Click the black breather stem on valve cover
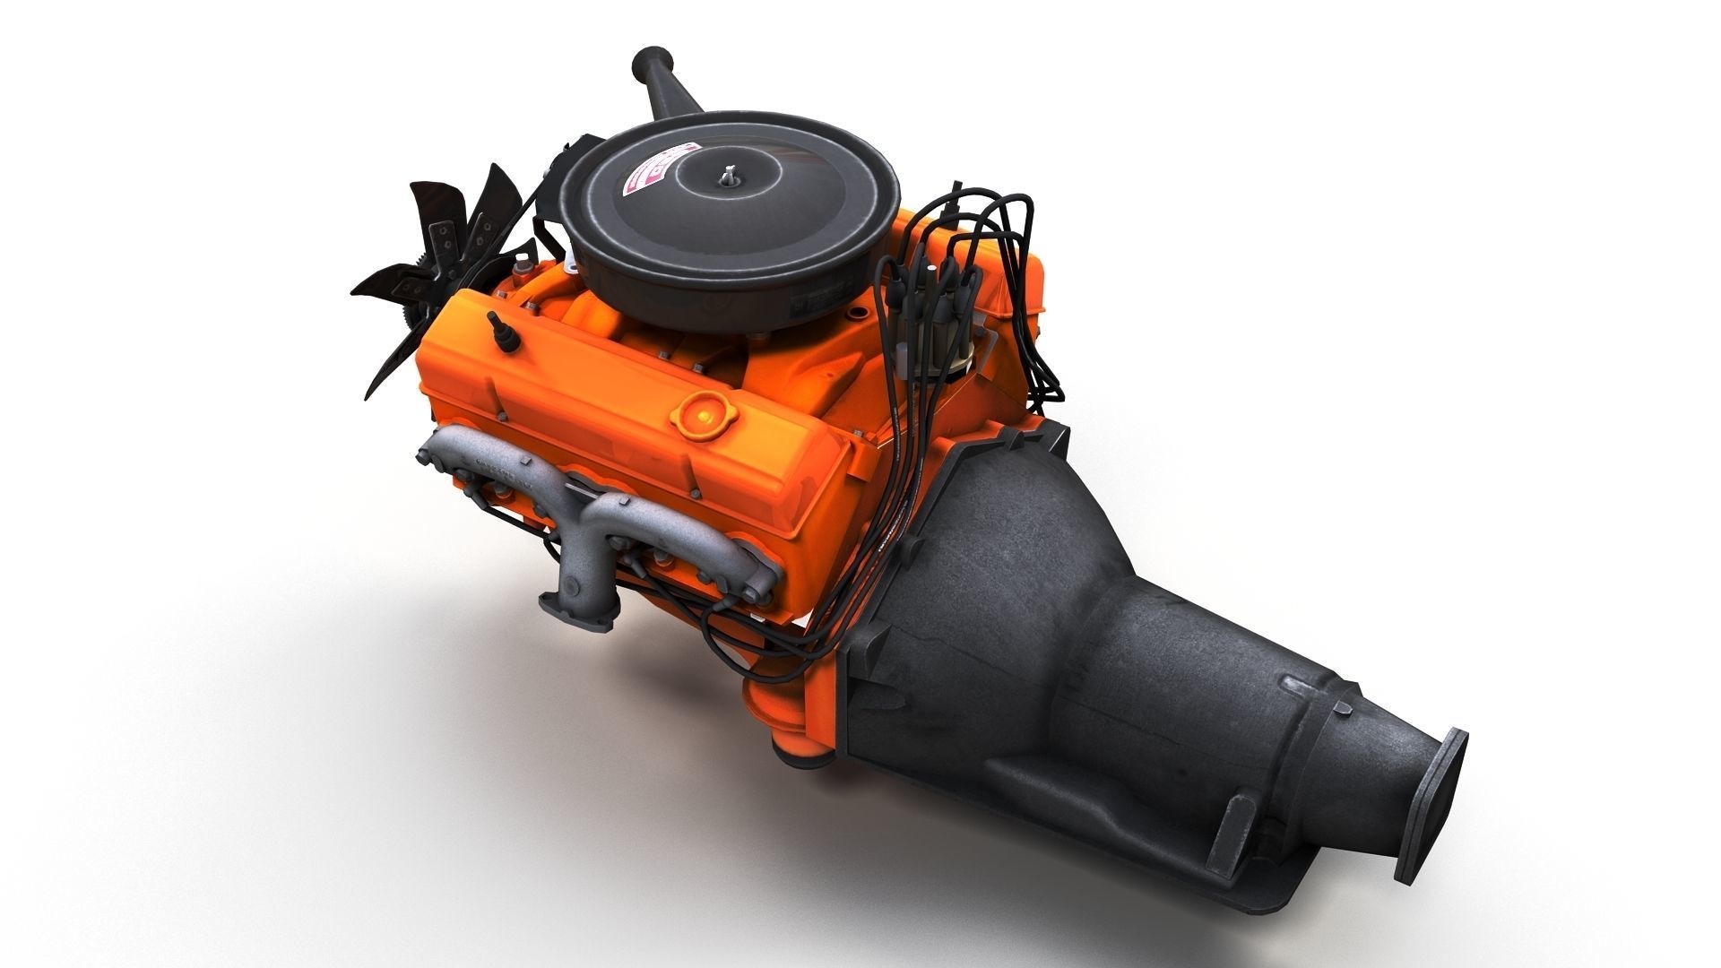coord(501,330)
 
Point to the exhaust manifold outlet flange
coord(579,606)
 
